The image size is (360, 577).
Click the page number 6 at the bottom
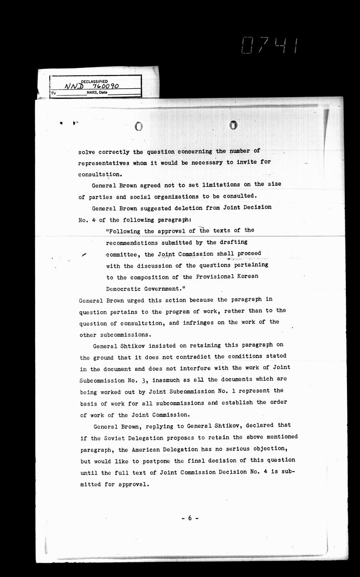pyautogui.click(x=189, y=518)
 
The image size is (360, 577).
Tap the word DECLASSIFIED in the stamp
pyautogui.click(x=94, y=82)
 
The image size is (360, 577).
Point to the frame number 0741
pyautogui.click(x=270, y=45)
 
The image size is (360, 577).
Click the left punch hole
pyautogui.click(x=138, y=126)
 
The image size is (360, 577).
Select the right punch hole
pyautogui.click(x=233, y=125)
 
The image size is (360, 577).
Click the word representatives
pyautogui.click(x=103, y=163)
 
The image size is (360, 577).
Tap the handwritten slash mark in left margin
pyautogui.click(x=84, y=255)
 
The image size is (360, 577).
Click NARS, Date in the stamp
pyautogui.click(x=97, y=92)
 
